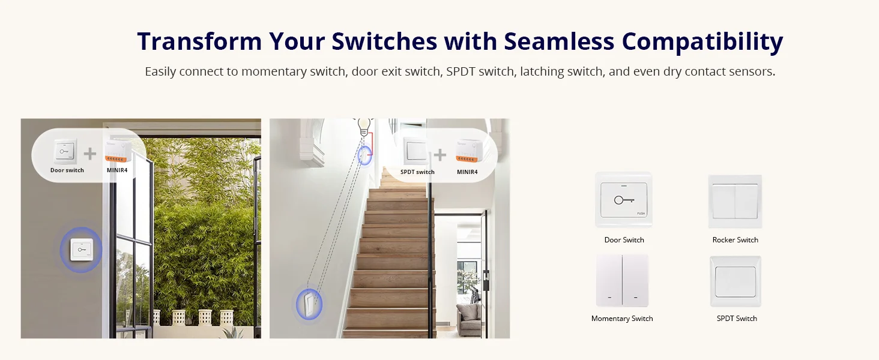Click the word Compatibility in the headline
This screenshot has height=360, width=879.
pos(702,42)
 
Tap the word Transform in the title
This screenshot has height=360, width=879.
pos(199,41)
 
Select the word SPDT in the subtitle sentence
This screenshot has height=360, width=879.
pos(461,71)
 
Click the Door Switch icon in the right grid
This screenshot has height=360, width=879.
pos(624,200)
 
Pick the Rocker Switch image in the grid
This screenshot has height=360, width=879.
pos(735,201)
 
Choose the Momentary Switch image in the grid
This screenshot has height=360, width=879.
pos(622,280)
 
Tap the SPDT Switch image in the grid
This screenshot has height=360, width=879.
pos(736,281)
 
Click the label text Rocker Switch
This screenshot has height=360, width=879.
pos(736,240)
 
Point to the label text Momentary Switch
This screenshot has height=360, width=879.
pos(622,319)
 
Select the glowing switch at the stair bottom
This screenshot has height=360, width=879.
pos(309,304)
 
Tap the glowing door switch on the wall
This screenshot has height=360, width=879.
pos(82,250)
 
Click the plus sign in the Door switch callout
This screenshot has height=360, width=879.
pos(90,154)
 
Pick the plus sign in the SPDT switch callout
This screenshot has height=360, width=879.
pos(440,155)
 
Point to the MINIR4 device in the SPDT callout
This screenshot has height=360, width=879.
pos(468,151)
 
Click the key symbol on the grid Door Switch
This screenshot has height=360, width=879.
pos(624,200)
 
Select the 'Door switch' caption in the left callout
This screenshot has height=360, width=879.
pos(67,170)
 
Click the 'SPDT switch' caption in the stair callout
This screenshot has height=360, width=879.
pos(417,172)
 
